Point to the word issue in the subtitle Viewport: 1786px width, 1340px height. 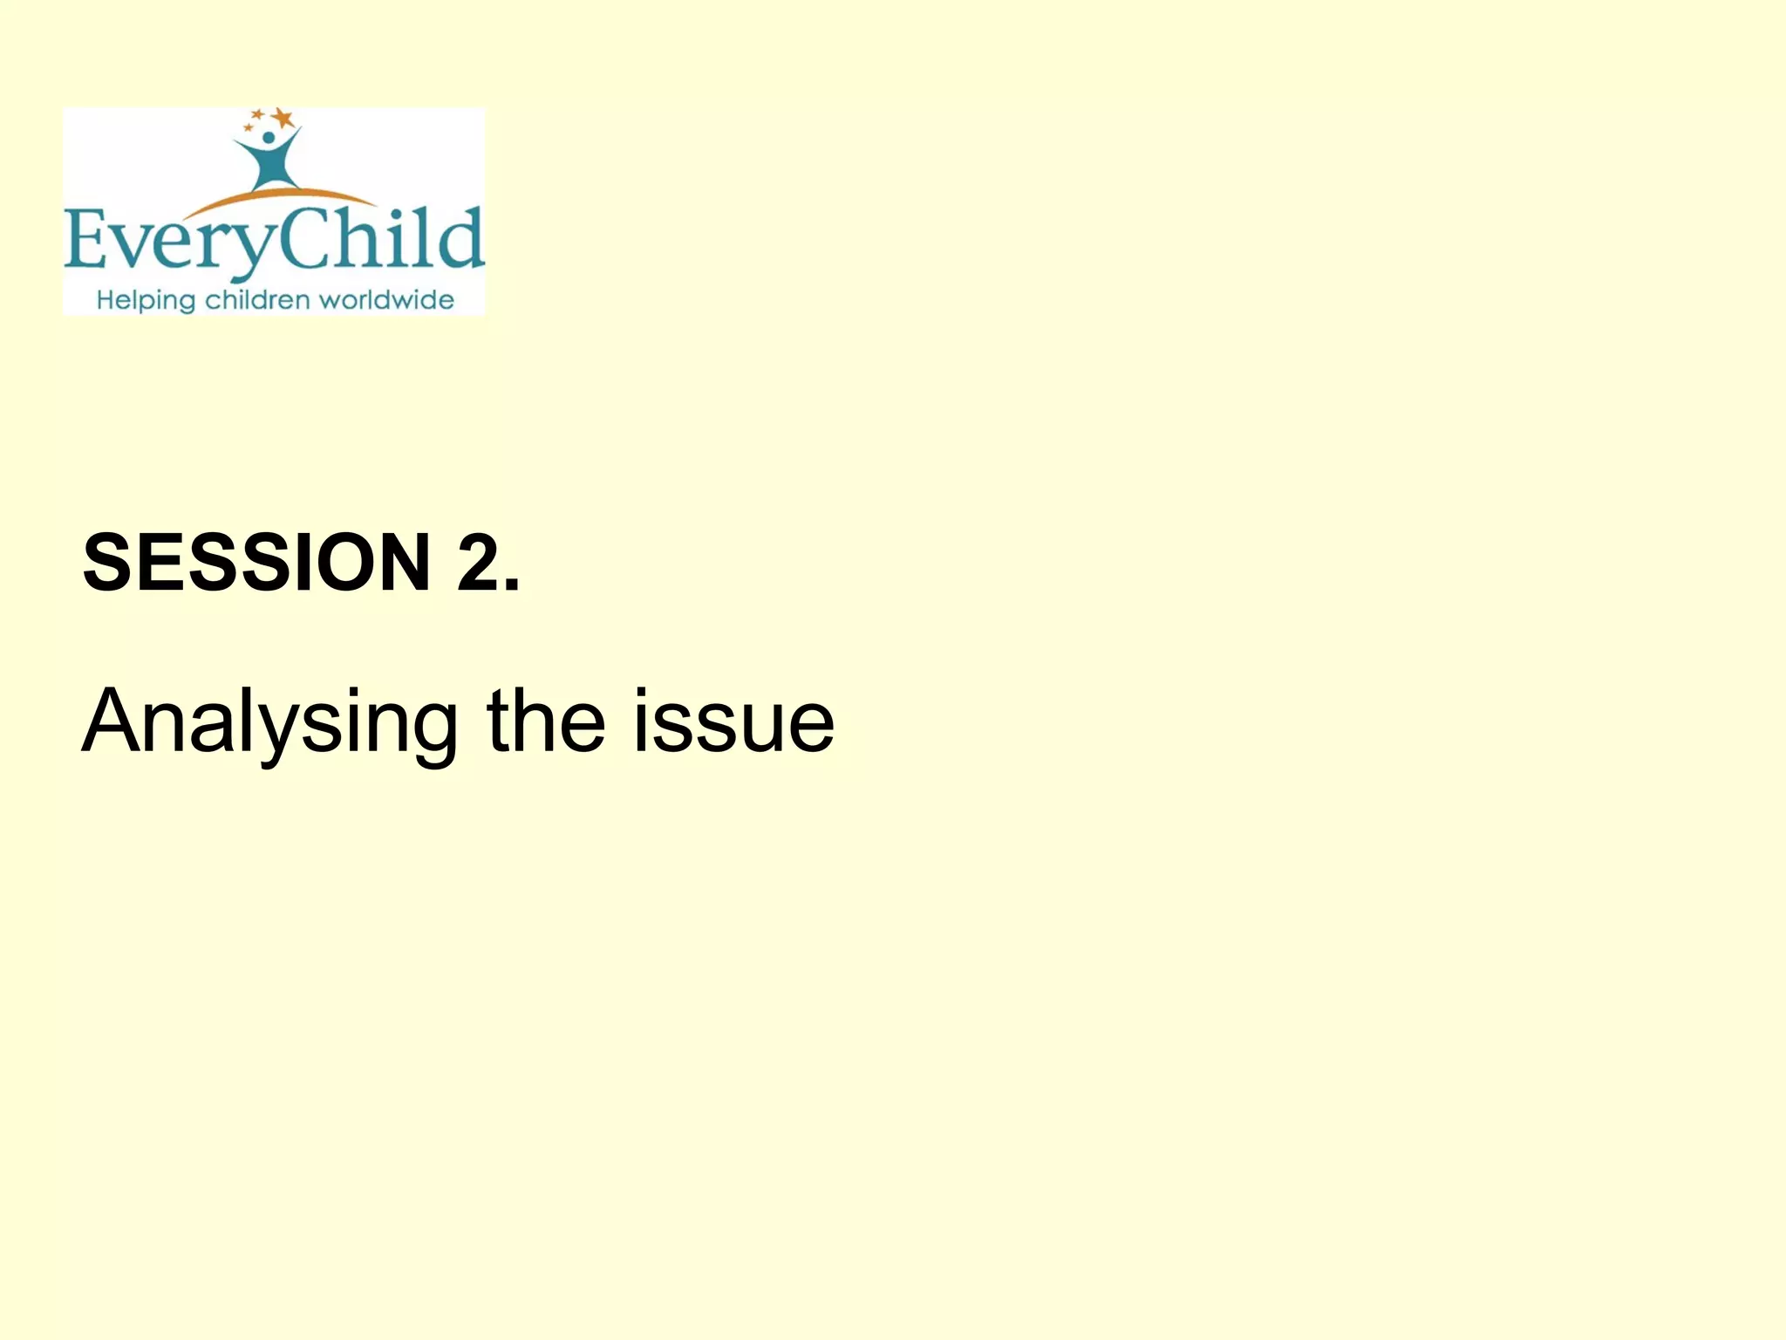[733, 722]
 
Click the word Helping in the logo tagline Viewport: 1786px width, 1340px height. [146, 301]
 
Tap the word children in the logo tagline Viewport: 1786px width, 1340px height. [257, 300]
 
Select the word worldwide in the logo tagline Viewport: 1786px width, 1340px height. [386, 300]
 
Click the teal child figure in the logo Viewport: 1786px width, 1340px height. [269, 161]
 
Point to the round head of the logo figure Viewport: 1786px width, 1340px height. [269, 138]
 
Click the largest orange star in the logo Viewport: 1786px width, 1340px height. [282, 116]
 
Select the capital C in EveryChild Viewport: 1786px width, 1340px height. [305, 237]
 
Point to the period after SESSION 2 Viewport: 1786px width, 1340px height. [512, 585]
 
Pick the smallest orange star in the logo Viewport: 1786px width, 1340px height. [248, 128]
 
